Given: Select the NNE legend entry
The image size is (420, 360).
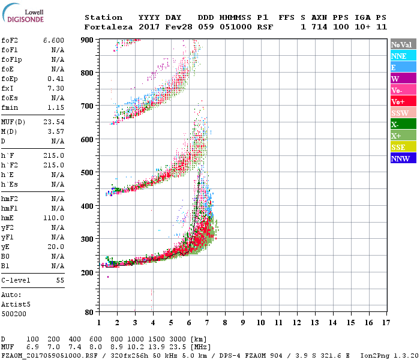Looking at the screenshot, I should (398, 56).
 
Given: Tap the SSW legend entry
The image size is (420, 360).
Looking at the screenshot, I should (400, 113).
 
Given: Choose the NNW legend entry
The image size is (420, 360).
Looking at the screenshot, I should (400, 158).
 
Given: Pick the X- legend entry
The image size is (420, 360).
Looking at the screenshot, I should (395, 124).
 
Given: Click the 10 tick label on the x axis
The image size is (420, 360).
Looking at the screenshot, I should (260, 322).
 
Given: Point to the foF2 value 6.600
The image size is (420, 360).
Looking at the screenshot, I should (54, 40).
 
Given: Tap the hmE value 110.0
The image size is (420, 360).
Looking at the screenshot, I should (54, 218).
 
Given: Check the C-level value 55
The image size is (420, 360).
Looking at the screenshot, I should (60, 280).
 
